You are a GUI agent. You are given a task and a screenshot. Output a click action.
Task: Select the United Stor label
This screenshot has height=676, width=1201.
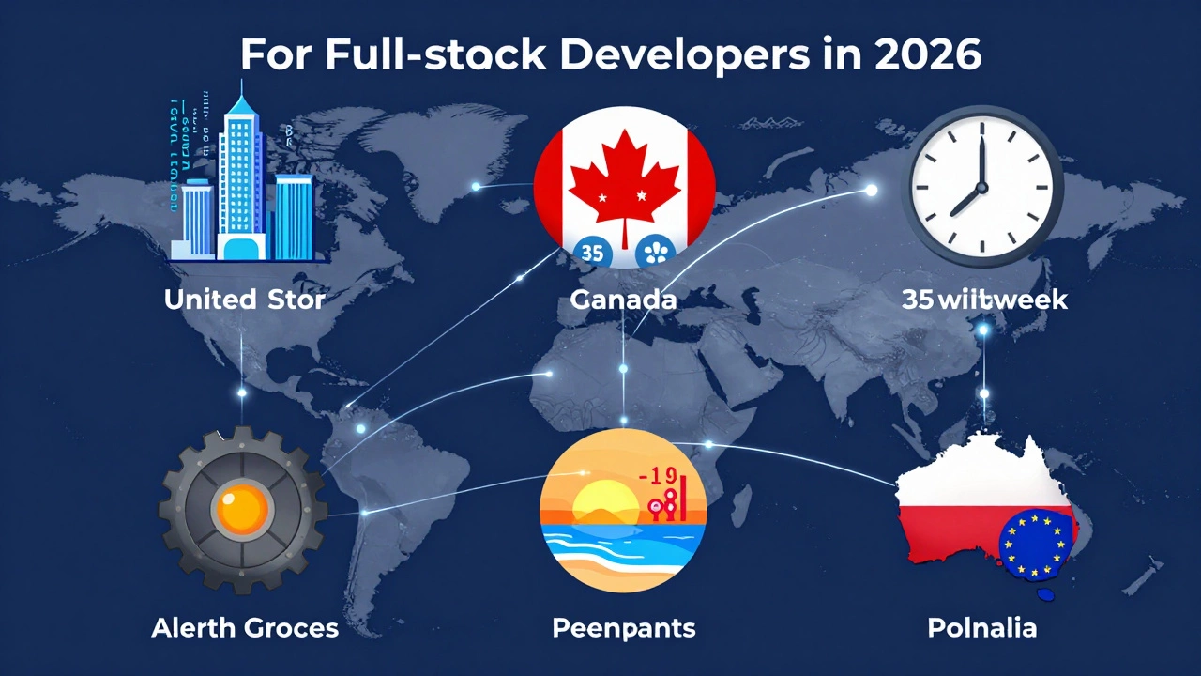[x=244, y=300]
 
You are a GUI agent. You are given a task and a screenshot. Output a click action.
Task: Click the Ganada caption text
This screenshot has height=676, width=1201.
[x=623, y=300]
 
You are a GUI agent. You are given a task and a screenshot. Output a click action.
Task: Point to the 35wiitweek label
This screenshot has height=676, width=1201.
[x=984, y=300]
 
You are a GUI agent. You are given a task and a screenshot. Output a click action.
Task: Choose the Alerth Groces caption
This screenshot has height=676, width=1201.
[x=245, y=628]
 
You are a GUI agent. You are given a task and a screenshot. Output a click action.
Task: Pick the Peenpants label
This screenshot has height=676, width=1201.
[x=624, y=628]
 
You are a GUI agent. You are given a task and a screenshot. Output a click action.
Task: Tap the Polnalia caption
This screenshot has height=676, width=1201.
[x=982, y=628]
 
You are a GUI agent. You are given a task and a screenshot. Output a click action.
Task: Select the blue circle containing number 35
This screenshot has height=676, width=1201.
[x=592, y=252]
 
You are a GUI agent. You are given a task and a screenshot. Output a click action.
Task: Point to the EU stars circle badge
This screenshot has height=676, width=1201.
[x=1036, y=544]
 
